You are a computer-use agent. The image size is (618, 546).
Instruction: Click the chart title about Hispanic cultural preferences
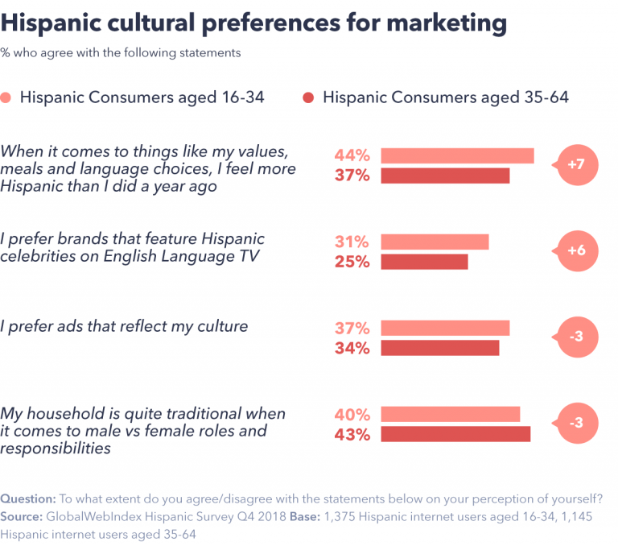253,23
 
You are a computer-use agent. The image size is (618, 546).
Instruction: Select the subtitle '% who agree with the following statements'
120,53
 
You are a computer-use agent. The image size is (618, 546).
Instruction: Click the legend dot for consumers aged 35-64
309,97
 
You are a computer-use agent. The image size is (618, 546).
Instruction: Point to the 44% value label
352,155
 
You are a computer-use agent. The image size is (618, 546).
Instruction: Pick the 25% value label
352,262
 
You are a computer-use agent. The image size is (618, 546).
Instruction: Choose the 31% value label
352,242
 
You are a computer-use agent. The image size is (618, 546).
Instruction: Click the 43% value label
352,435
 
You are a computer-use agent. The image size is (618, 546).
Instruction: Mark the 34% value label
352,348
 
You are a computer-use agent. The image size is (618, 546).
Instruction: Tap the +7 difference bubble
576,164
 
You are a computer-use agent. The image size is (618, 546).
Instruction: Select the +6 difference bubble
576,250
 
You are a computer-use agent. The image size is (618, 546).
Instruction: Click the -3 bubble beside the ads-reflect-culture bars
576,337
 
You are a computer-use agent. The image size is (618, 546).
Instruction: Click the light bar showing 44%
457,155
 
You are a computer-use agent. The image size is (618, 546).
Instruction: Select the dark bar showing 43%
455,434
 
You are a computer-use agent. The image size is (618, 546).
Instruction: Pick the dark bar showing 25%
424,262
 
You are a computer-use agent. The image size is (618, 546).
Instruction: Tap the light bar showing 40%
450,415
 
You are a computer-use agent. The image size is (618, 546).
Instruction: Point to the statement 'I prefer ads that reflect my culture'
124,327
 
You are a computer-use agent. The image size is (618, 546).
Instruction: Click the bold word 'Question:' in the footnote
28,498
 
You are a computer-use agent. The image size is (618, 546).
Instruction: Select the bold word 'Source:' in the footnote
23,516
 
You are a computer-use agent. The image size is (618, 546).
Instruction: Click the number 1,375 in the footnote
341,516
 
